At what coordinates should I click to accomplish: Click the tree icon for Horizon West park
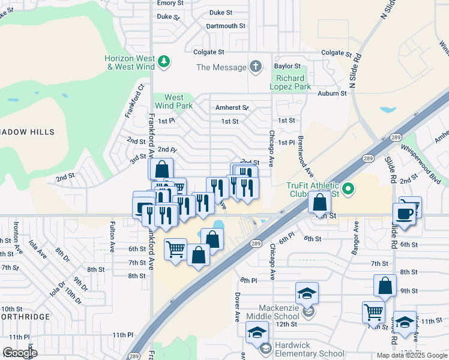[163, 61]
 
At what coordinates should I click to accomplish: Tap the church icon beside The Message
[256, 67]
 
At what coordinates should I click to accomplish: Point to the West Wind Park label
[174, 101]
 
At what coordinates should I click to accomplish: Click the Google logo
[20, 353]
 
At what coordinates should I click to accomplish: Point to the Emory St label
[170, 3]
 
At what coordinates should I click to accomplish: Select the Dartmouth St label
[226, 26]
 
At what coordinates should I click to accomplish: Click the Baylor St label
[287, 66]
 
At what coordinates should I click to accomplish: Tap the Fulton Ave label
[112, 236]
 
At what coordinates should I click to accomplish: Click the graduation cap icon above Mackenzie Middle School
[307, 293]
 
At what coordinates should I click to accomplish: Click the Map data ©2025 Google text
[412, 355]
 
